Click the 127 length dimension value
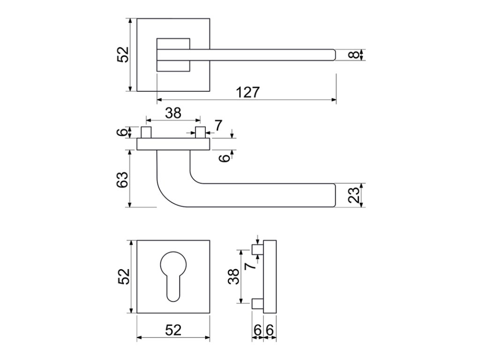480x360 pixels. click(x=247, y=92)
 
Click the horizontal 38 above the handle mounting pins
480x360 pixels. click(x=172, y=112)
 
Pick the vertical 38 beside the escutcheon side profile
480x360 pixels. click(x=233, y=277)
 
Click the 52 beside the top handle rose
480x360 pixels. click(x=123, y=54)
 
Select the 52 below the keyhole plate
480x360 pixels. click(x=173, y=330)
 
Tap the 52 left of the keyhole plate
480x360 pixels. click(x=123, y=277)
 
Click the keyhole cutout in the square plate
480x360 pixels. click(x=173, y=274)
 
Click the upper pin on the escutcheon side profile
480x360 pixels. click(x=257, y=249)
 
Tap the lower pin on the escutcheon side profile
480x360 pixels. click(x=257, y=304)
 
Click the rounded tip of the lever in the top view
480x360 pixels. click(x=333, y=55)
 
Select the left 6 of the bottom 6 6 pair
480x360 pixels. click(x=257, y=330)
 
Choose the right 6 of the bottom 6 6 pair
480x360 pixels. click(x=270, y=330)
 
